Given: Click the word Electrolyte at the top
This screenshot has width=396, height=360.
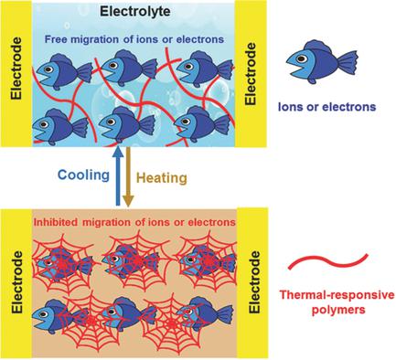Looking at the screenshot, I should click(x=132, y=12).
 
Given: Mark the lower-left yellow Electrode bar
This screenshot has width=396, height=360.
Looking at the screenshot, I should click(x=15, y=282).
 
